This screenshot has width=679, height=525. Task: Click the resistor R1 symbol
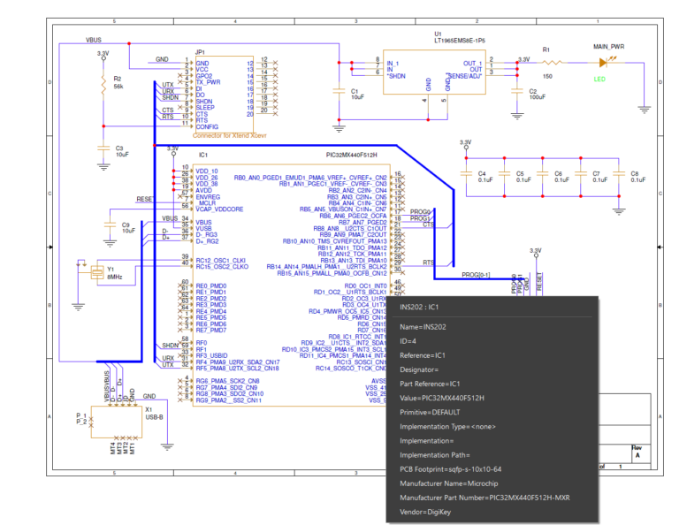(x=553, y=63)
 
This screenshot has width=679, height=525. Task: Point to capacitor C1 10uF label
(x=355, y=94)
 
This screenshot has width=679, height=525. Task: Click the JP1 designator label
(x=201, y=54)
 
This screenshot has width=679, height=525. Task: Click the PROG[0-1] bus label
(x=477, y=275)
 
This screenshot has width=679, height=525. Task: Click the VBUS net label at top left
(x=94, y=41)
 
